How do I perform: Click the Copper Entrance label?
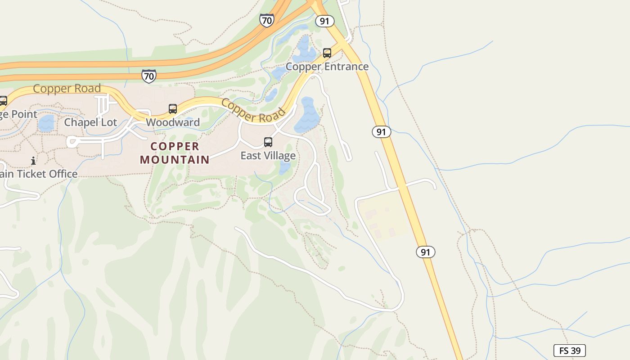point(327,67)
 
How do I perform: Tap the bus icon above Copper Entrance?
point(327,53)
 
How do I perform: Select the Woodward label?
point(173,122)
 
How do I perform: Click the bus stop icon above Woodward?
point(173,109)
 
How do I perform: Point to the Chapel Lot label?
point(90,122)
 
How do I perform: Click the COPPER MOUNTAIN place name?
point(175,153)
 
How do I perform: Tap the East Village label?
point(268,156)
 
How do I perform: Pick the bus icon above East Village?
point(268,142)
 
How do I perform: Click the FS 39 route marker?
point(569,351)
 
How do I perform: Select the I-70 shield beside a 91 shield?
point(266,20)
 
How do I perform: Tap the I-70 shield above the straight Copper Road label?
point(148,76)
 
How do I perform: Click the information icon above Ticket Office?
point(33,161)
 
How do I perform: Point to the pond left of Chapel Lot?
point(46,123)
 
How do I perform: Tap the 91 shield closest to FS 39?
point(425,252)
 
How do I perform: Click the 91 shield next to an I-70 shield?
point(324,21)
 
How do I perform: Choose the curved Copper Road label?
point(254,111)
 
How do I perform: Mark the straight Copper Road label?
point(67,89)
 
